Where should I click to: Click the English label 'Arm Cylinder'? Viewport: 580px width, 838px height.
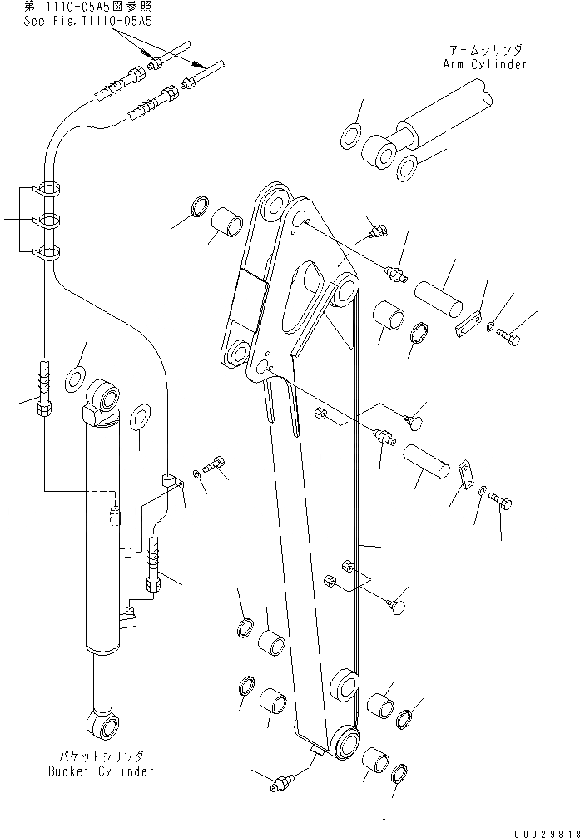coord(486,64)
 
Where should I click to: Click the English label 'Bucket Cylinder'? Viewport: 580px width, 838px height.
coord(98,771)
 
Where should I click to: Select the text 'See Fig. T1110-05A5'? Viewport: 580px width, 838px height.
coord(87,22)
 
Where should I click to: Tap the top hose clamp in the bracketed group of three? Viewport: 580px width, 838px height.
coord(49,189)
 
